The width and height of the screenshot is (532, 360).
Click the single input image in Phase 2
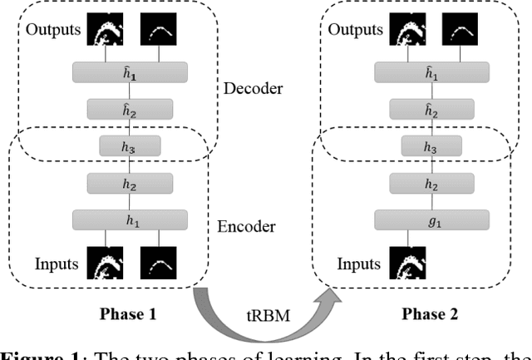pos(404,264)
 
